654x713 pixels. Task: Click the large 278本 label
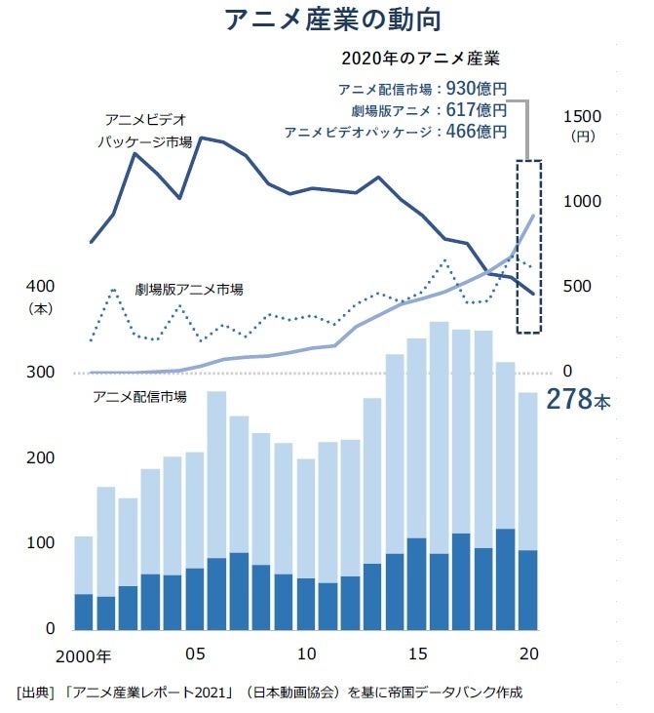tap(577, 400)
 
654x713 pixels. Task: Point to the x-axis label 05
tap(194, 653)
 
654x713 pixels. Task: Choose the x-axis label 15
tap(416, 653)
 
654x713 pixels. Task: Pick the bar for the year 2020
tap(527, 510)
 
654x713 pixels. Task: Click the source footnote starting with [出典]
tap(269, 693)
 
